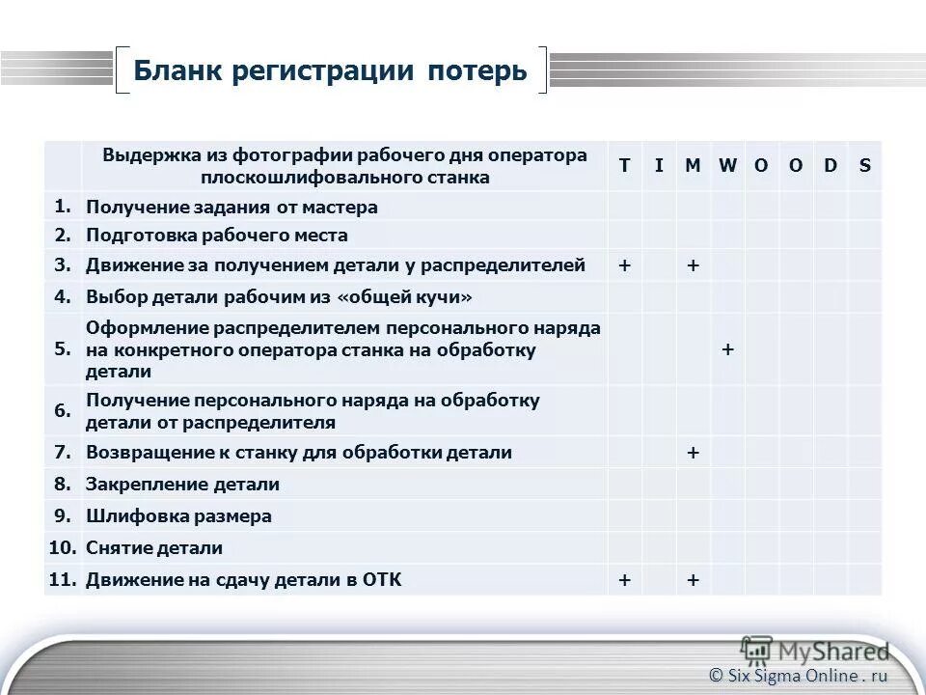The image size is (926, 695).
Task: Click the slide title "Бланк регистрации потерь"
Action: pyautogui.click(x=330, y=71)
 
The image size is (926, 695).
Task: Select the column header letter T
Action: pyautogui.click(x=624, y=165)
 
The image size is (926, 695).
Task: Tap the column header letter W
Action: pyautogui.click(x=727, y=165)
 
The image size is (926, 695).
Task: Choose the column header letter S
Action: pyautogui.click(x=864, y=165)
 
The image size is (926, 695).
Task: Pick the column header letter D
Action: pyautogui.click(x=830, y=165)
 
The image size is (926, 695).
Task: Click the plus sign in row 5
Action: pyautogui.click(x=727, y=349)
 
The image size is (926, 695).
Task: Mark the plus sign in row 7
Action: pyautogui.click(x=693, y=452)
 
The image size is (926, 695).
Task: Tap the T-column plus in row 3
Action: pyautogui.click(x=624, y=265)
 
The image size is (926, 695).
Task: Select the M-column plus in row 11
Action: pyautogui.click(x=693, y=580)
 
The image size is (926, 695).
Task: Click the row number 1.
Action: pyautogui.click(x=63, y=206)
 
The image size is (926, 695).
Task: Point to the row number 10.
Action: pyautogui.click(x=63, y=547)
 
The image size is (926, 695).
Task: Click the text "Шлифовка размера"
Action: pyautogui.click(x=178, y=516)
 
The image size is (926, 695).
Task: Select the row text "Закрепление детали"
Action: pyautogui.click(x=182, y=485)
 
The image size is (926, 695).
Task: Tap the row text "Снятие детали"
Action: pyautogui.click(x=154, y=548)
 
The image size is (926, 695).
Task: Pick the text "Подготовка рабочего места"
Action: pyautogui.click(x=217, y=236)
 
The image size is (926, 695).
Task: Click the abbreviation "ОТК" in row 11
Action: pyautogui.click(x=382, y=580)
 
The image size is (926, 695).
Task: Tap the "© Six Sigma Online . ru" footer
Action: pyautogui.click(x=799, y=676)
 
